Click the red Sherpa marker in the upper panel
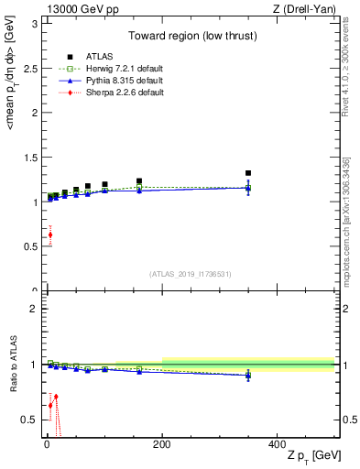click(x=49, y=234)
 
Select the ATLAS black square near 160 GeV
click(x=139, y=181)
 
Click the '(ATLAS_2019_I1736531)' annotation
click(x=191, y=274)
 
